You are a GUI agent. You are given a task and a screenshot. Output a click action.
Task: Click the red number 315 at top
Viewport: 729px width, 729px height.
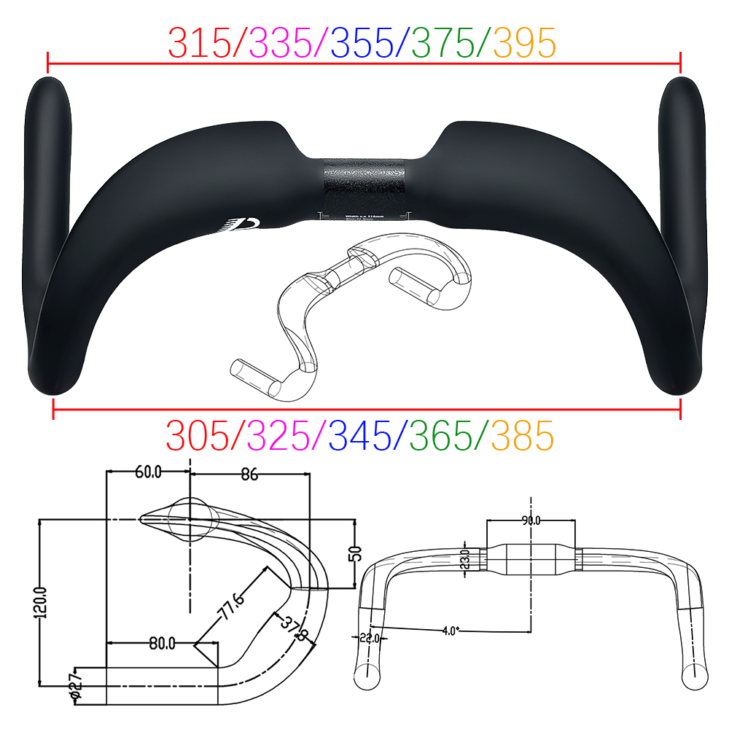pyautogui.click(x=200, y=43)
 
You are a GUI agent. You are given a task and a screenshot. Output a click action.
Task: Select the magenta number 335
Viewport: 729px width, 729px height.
pyautogui.click(x=281, y=43)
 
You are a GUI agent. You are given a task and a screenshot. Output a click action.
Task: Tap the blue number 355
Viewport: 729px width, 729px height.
pyautogui.click(x=362, y=43)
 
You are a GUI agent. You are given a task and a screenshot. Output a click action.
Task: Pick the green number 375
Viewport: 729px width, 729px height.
pyautogui.click(x=443, y=43)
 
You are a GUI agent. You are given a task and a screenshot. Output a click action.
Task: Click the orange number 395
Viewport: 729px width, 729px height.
pyautogui.click(x=524, y=43)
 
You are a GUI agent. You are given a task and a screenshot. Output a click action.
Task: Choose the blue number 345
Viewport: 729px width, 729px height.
pyautogui.click(x=360, y=436)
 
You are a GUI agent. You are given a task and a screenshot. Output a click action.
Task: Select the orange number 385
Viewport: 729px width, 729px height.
pyautogui.click(x=522, y=436)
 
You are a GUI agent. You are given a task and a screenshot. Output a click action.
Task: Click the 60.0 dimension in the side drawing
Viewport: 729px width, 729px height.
pyautogui.click(x=148, y=472)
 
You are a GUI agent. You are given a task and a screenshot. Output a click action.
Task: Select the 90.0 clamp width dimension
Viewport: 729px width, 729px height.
pyautogui.click(x=530, y=521)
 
